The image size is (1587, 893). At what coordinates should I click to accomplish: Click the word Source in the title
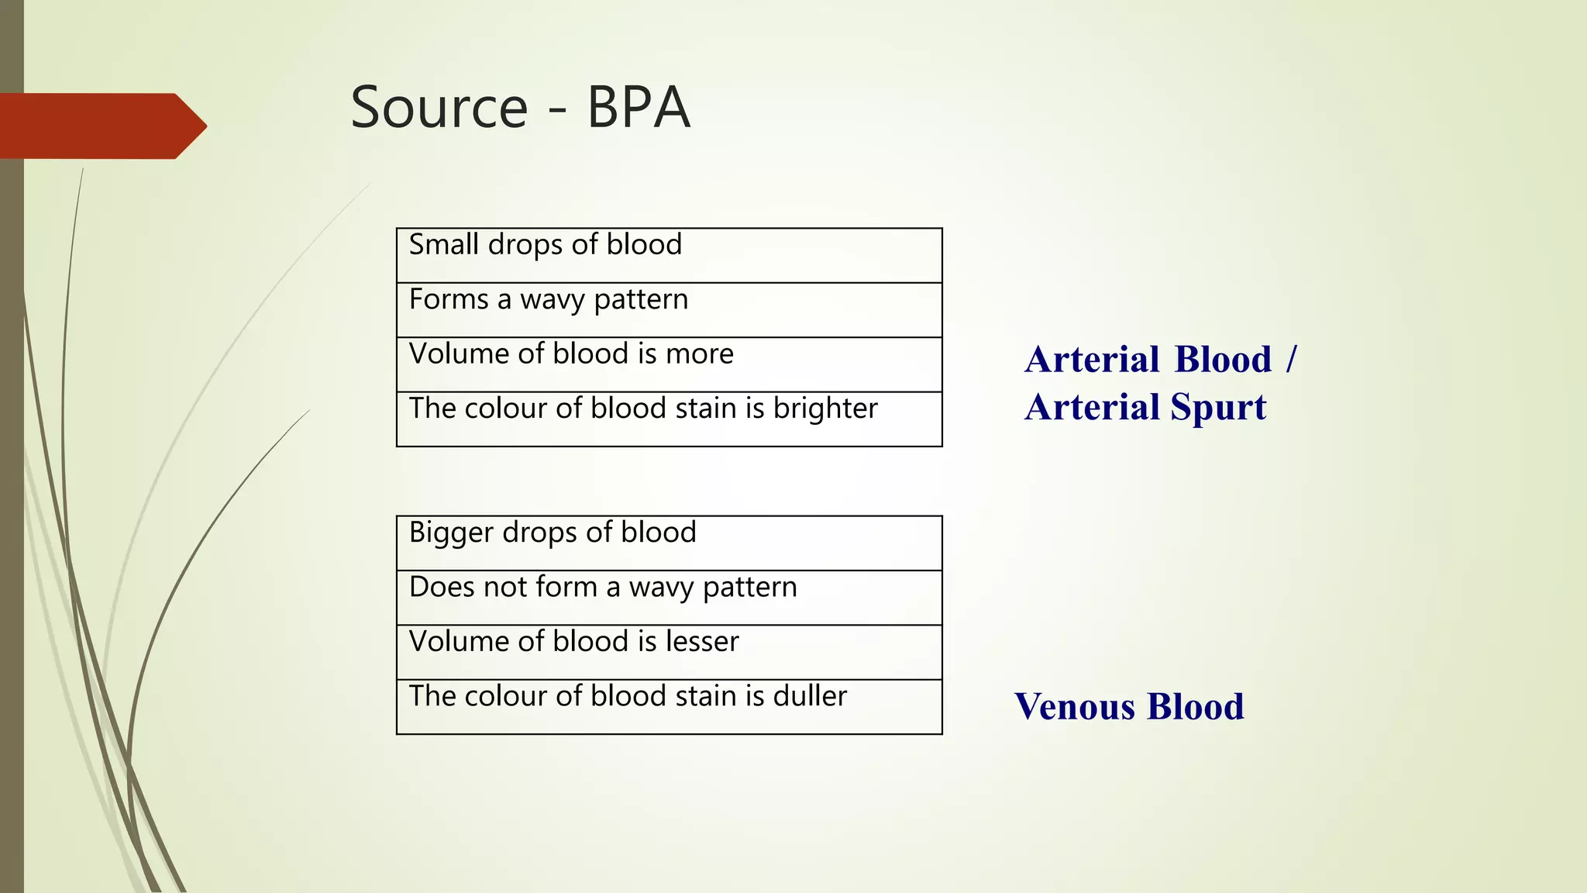[439, 108]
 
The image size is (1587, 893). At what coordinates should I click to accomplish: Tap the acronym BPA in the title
[638, 108]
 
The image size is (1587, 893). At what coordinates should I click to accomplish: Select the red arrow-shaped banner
[101, 126]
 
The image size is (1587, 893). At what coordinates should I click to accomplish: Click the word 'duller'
[810, 696]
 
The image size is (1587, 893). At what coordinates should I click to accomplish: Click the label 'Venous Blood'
[1129, 707]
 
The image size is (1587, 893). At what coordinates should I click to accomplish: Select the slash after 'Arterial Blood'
[1290, 359]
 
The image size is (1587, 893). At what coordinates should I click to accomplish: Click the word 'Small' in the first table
[444, 245]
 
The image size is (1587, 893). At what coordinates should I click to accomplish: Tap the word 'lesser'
[704, 642]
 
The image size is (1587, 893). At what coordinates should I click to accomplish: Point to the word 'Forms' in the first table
[449, 300]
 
